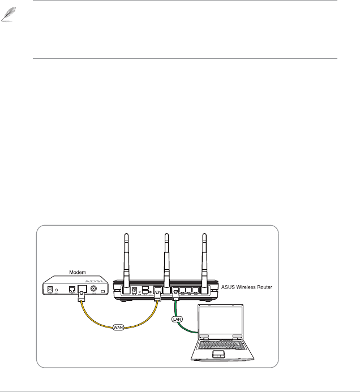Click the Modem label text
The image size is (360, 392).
click(77, 272)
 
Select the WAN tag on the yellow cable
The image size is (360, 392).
click(118, 327)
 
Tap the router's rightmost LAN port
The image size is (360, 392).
click(195, 290)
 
